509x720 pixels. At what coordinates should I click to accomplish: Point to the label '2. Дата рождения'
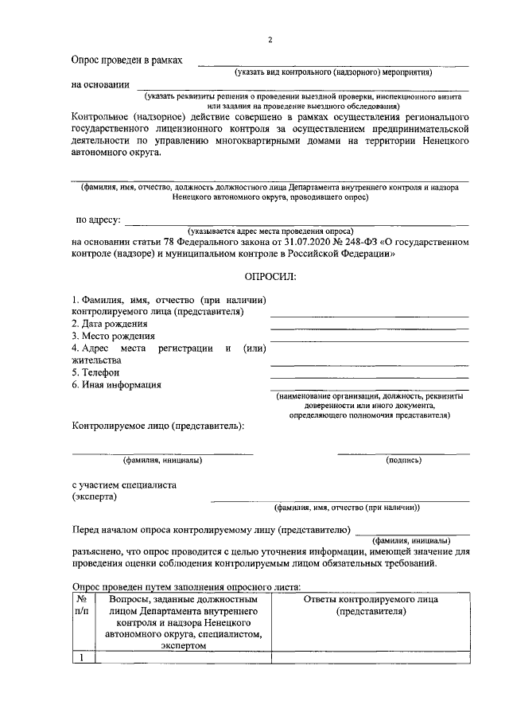(110, 324)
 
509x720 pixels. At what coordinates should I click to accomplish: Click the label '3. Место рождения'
(113, 336)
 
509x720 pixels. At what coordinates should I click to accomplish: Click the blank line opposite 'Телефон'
(369, 376)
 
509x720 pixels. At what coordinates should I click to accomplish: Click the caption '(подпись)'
(403, 460)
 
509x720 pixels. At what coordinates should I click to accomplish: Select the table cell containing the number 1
(83, 657)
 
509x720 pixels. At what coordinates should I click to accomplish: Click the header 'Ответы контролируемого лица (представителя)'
(371, 605)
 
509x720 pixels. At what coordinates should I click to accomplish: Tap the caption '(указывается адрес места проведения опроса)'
(270, 231)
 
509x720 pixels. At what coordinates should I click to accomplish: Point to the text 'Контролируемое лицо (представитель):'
(157, 425)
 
